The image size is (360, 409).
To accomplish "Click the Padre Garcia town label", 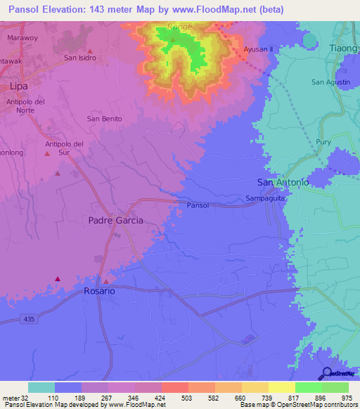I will tap(116, 220).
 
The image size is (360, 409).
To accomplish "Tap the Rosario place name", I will tap(98, 290).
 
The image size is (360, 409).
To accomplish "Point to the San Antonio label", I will tap(283, 182).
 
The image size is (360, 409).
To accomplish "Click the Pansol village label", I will tap(198, 205).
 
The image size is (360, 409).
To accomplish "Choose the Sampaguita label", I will tap(264, 200).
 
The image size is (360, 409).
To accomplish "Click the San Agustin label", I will tap(330, 82).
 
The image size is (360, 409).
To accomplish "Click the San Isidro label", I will tap(79, 58).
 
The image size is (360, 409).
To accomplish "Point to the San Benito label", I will tap(104, 119).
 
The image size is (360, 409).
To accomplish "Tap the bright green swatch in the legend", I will tap(308, 387).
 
